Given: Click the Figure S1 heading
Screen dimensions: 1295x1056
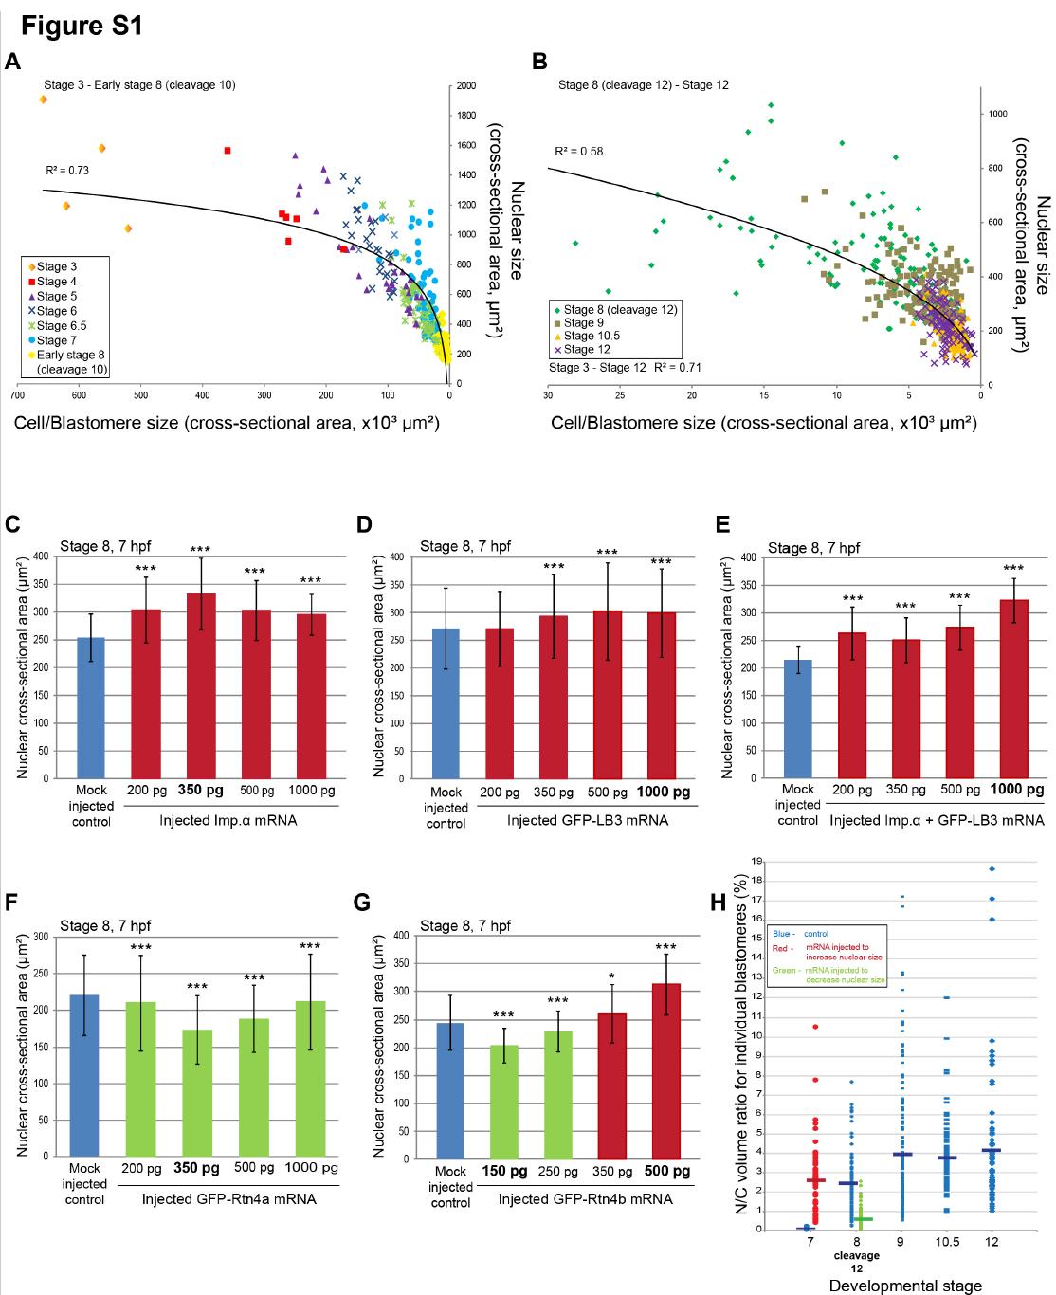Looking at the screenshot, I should click(82, 26).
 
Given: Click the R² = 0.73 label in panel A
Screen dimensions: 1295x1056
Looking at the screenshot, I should click(67, 171).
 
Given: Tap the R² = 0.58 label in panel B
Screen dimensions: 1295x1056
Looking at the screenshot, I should click(579, 152).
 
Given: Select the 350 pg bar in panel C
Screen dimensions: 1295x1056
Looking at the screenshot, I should click(200, 685).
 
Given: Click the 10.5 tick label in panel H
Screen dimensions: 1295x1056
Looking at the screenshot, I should click(946, 1242).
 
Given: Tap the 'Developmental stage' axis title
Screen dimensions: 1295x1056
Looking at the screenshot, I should click(904, 1286).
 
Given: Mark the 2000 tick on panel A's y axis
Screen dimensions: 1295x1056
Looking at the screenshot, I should click(465, 86).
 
